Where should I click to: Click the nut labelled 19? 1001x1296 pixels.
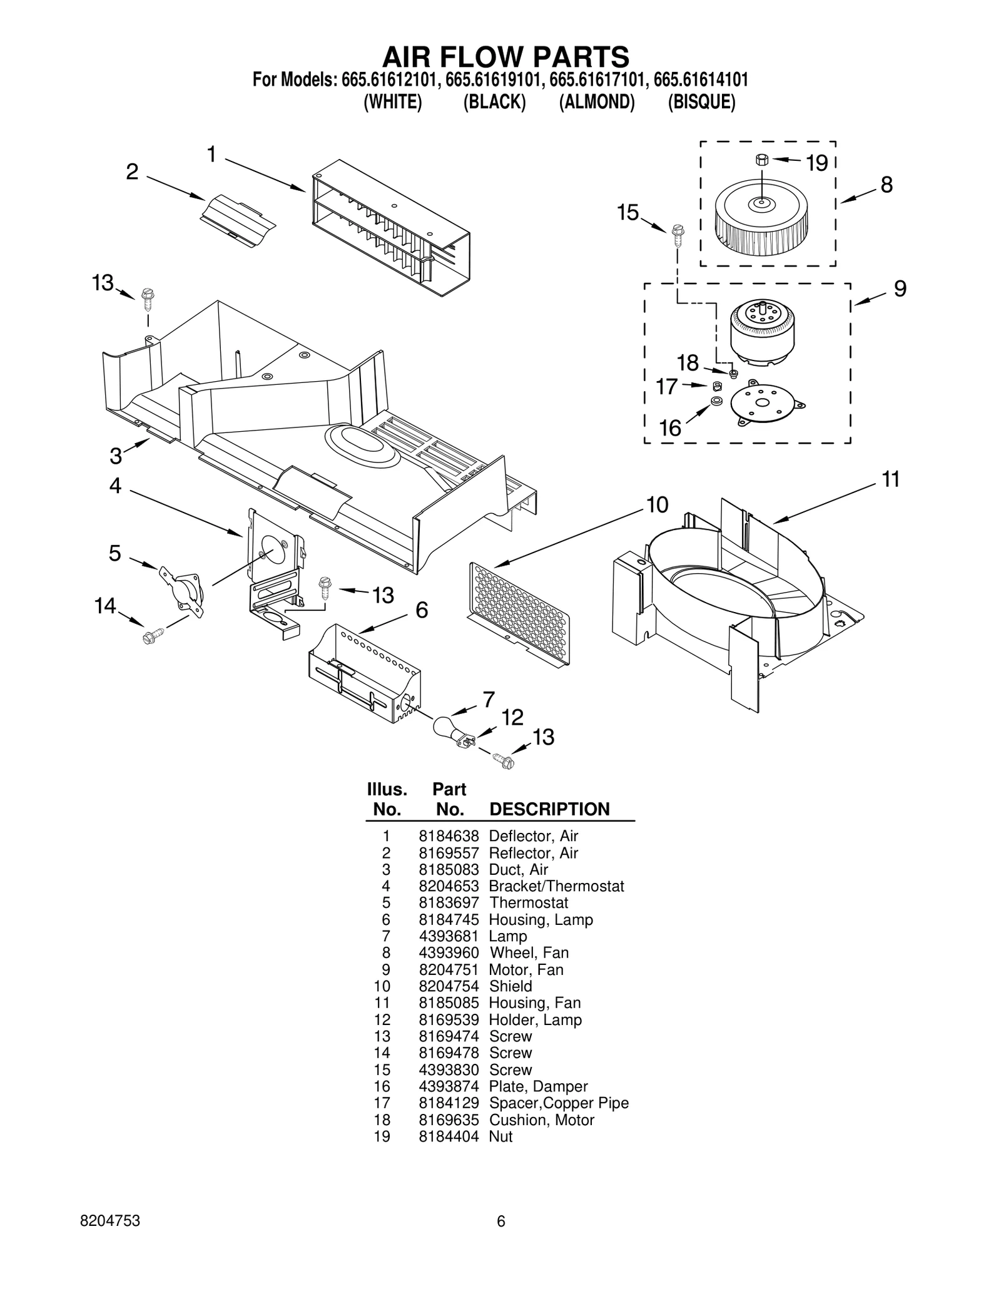(x=761, y=160)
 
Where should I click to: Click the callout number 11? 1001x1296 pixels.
(x=890, y=480)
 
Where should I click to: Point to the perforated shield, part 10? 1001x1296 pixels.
(x=519, y=613)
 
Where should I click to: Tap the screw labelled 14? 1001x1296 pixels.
(x=150, y=636)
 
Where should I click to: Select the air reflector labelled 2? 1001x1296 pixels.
(x=238, y=220)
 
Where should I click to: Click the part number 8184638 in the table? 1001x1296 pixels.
(x=449, y=836)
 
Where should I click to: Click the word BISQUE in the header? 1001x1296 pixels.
(x=701, y=102)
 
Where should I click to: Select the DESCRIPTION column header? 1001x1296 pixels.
(x=549, y=809)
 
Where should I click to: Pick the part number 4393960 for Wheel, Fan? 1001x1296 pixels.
(x=449, y=952)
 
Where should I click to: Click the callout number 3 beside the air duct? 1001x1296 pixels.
(x=116, y=456)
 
